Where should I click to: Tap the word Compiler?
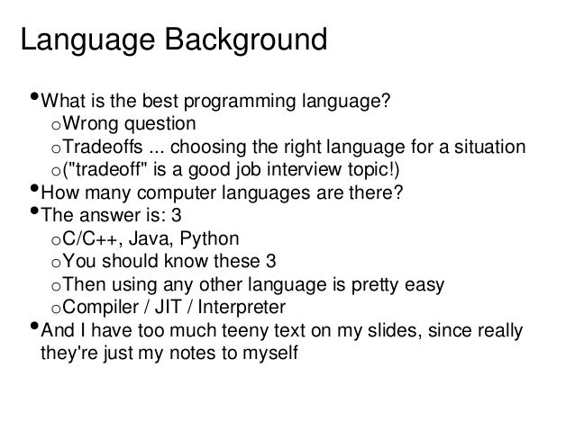(102, 310)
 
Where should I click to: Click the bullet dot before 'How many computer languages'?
(33, 191)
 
